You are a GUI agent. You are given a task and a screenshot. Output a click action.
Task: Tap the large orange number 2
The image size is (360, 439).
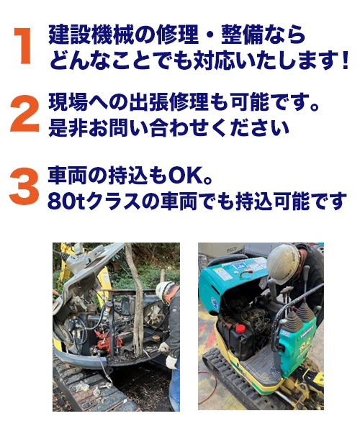pyautogui.click(x=24, y=114)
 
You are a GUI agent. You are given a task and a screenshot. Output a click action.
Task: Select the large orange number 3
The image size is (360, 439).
pyautogui.click(x=24, y=186)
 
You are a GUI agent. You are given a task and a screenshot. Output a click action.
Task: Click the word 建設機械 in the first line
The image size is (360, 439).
pyautogui.click(x=90, y=35)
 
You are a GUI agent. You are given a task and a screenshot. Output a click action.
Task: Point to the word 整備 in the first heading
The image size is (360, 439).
pyautogui.click(x=242, y=35)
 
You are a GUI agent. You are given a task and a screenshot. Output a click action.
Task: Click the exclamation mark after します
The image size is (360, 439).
pyautogui.click(x=345, y=60)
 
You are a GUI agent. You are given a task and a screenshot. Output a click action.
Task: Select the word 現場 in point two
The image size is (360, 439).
pyautogui.click(x=68, y=103)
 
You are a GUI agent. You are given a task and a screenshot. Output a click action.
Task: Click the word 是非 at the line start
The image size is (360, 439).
pyautogui.click(x=68, y=128)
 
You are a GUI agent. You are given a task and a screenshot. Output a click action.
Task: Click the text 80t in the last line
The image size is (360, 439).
pyautogui.click(x=66, y=201)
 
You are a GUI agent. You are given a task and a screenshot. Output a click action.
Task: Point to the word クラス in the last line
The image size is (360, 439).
pyautogui.click(x=113, y=201)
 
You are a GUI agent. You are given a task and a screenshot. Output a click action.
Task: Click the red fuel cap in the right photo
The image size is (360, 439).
pyautogui.click(x=239, y=327)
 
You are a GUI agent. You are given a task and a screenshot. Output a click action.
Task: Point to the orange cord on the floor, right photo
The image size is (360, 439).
pyautogui.click(x=213, y=375)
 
